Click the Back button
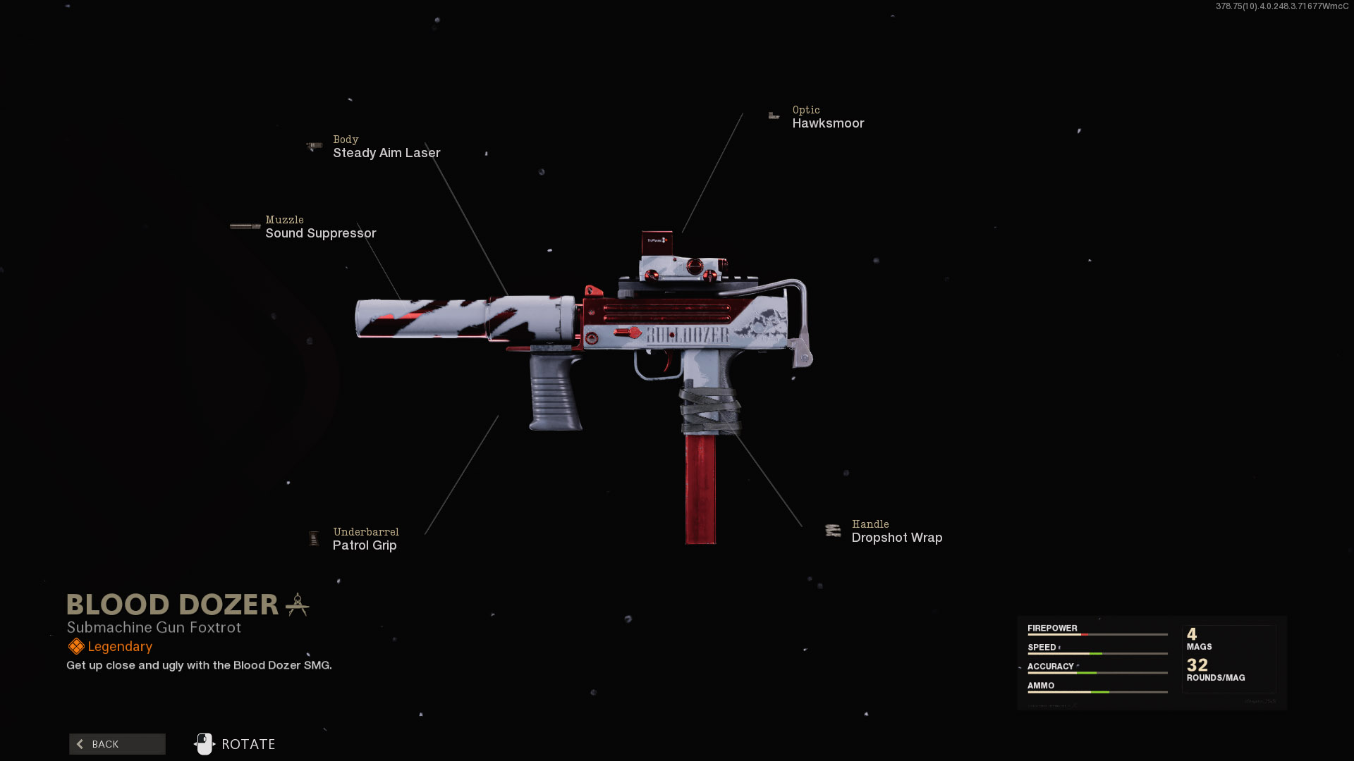pyautogui.click(x=117, y=744)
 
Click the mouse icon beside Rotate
pyautogui.click(x=205, y=743)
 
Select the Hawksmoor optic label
pyautogui.click(x=828, y=123)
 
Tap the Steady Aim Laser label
pyautogui.click(x=386, y=153)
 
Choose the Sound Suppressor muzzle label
pyautogui.click(x=320, y=233)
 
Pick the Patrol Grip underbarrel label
pyautogui.click(x=365, y=545)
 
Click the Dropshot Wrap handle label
pyautogui.click(x=896, y=538)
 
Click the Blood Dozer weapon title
pyautogui.click(x=173, y=605)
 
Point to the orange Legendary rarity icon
pyautogui.click(x=76, y=646)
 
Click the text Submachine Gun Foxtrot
pyautogui.click(x=154, y=627)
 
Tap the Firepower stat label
pyautogui.click(x=1052, y=628)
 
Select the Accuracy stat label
pyautogui.click(x=1050, y=666)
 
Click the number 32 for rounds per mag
pyautogui.click(x=1197, y=664)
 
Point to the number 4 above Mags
pyautogui.click(x=1192, y=633)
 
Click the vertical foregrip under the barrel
pyautogui.click(x=556, y=392)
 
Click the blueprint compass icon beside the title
pyautogui.click(x=298, y=605)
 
